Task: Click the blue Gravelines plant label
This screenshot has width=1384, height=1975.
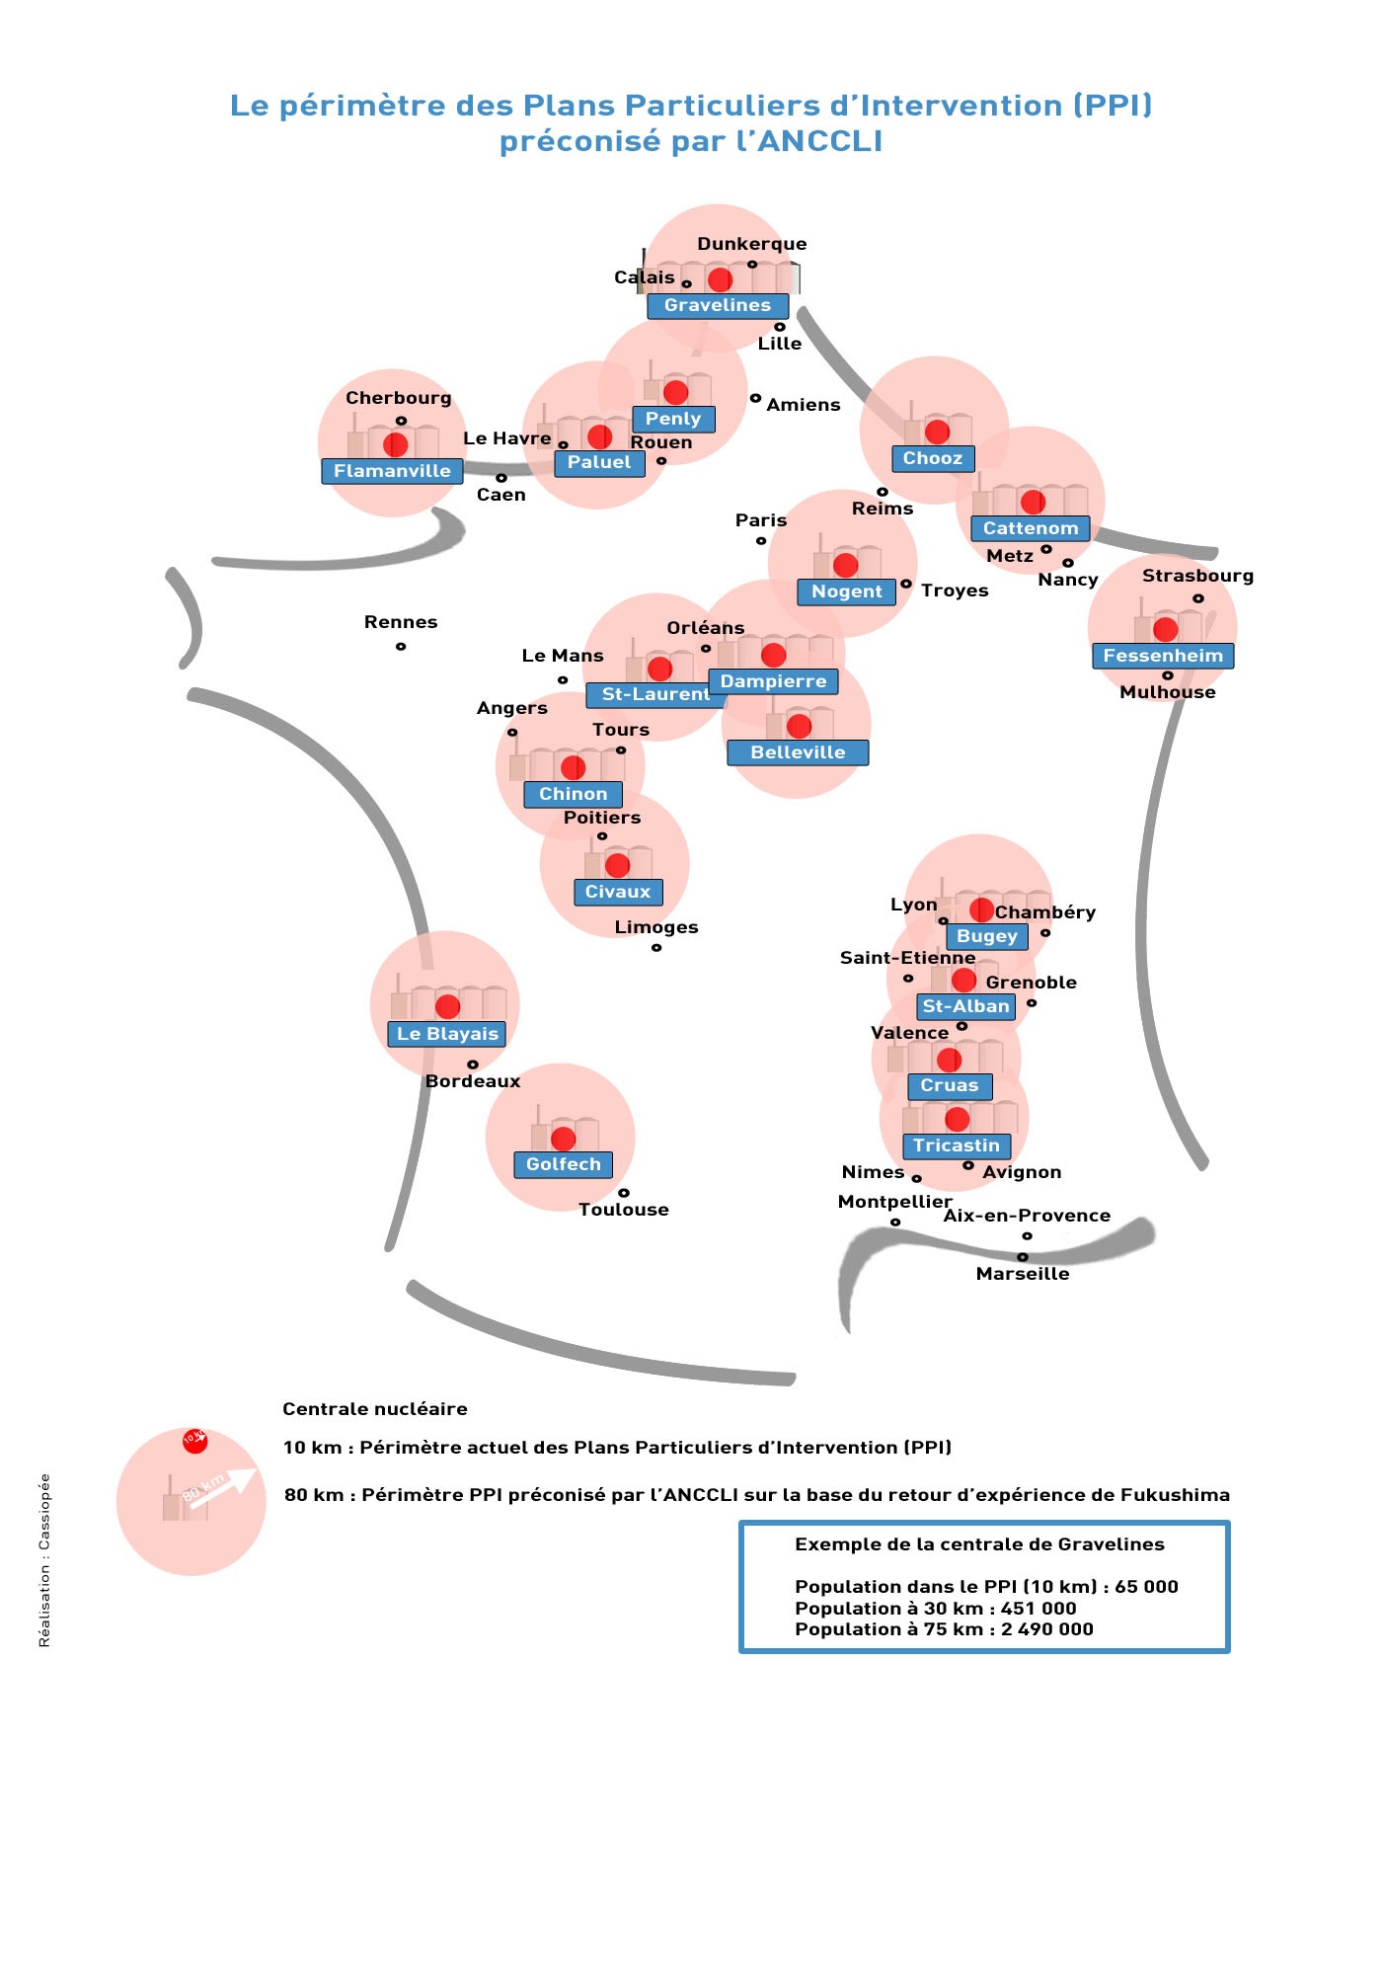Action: pyautogui.click(x=718, y=306)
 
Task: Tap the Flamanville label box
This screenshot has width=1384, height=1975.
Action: pyautogui.click(x=392, y=471)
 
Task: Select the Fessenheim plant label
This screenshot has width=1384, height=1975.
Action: pyautogui.click(x=1163, y=656)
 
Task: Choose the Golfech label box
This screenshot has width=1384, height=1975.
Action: pyautogui.click(x=564, y=1164)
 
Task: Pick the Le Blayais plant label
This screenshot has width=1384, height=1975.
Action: pyautogui.click(x=447, y=1034)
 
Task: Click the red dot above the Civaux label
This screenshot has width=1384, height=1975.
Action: pyautogui.click(x=618, y=865)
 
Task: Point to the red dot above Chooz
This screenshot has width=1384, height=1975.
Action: pyautogui.click(x=937, y=432)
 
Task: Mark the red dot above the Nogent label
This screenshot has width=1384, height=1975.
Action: pyautogui.click(x=846, y=565)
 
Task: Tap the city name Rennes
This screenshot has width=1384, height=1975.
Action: pyautogui.click(x=401, y=622)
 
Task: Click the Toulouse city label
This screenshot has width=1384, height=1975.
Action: pyautogui.click(x=624, y=1210)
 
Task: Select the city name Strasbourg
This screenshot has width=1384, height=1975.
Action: pyautogui.click(x=1198, y=576)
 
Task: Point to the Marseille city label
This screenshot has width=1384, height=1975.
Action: pyautogui.click(x=1023, y=1274)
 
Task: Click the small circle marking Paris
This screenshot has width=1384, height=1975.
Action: pyautogui.click(x=761, y=541)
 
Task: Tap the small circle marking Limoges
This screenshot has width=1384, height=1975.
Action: pyautogui.click(x=656, y=948)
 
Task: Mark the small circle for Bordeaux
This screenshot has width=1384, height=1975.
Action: pyautogui.click(x=473, y=1065)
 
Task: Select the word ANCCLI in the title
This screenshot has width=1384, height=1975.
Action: pyautogui.click(x=819, y=142)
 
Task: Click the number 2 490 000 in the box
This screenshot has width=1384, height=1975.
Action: pyautogui.click(x=1047, y=1629)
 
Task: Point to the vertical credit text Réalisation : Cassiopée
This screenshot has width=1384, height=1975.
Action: pyautogui.click(x=44, y=1560)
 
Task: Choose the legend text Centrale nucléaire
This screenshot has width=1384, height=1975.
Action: pyautogui.click(x=375, y=1409)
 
